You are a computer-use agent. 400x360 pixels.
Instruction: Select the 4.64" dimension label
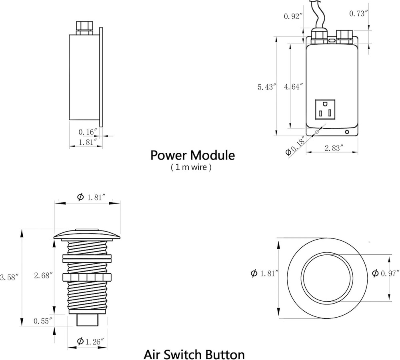point(293,87)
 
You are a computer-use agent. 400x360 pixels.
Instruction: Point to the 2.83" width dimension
point(332,148)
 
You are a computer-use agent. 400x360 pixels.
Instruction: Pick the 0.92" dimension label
point(292,16)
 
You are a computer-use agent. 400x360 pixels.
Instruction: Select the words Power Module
point(192,155)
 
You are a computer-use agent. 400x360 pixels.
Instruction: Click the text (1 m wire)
point(191,168)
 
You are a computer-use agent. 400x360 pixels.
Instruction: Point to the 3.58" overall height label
point(10,277)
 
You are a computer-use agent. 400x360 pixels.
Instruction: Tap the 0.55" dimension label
point(43,321)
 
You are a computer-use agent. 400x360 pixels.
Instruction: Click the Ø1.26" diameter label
point(91,341)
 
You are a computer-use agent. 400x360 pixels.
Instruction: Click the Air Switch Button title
point(194,354)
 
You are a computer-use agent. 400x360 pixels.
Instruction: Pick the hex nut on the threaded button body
point(87,277)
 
